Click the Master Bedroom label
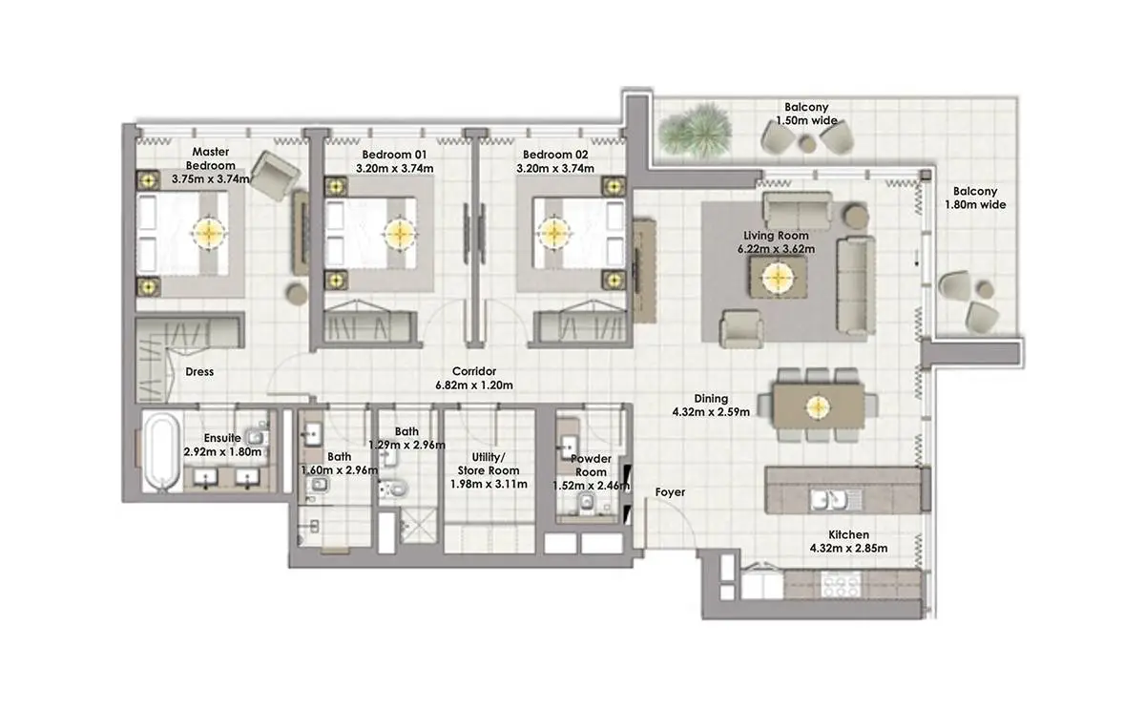click(x=210, y=158)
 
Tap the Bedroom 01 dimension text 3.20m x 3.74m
click(x=395, y=168)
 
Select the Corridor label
click(x=474, y=371)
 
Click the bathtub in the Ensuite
click(x=162, y=452)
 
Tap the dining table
click(x=818, y=406)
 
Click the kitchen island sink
click(x=836, y=499)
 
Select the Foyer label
click(x=670, y=491)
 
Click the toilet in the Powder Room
click(x=587, y=503)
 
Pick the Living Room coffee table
click(x=778, y=278)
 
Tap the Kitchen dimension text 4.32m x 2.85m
click(x=848, y=549)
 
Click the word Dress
click(x=199, y=371)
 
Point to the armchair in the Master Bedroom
click(x=276, y=176)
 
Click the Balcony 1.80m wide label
click(x=975, y=198)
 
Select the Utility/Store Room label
click(x=489, y=464)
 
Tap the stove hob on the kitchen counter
click(x=841, y=585)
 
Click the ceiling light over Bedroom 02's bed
click(x=554, y=234)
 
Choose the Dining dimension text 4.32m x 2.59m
click(x=711, y=411)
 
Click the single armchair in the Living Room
click(x=741, y=329)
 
